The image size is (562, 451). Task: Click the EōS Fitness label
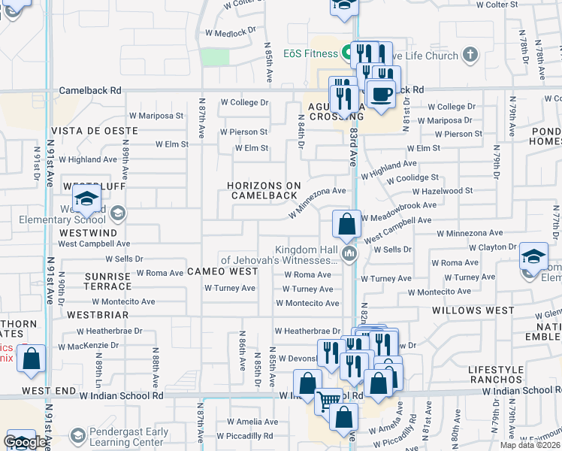click(x=310, y=53)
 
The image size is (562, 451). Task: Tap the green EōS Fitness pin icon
click(x=347, y=53)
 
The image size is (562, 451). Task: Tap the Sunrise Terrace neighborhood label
click(x=108, y=281)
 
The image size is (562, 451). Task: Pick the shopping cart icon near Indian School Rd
click(x=328, y=401)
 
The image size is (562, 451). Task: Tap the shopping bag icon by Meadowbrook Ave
click(x=346, y=225)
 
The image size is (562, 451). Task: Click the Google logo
click(x=25, y=441)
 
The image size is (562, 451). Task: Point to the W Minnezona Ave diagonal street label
click(x=318, y=203)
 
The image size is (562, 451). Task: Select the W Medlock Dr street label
click(x=231, y=33)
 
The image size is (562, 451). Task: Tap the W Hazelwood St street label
click(x=447, y=191)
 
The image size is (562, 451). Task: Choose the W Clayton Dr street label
click(x=493, y=247)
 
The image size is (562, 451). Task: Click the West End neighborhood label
click(x=50, y=391)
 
